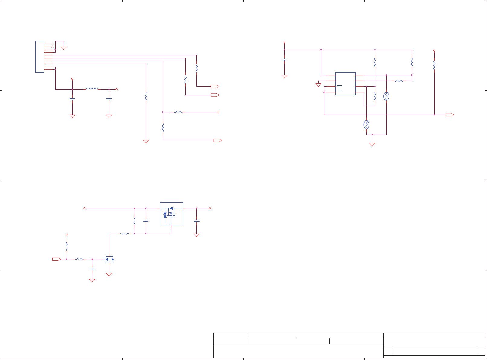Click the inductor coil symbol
click(92, 89)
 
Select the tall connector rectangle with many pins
click(40, 57)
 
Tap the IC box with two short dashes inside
click(345, 84)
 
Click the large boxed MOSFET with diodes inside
click(171, 214)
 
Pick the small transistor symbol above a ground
click(109, 259)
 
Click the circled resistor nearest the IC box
click(386, 97)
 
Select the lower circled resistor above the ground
click(366, 125)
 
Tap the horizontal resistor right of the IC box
click(399, 81)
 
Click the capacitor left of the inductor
click(72, 99)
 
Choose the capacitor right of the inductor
click(109, 99)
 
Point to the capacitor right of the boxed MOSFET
click(196, 221)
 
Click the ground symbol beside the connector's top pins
click(64, 48)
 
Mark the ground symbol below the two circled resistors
click(372, 144)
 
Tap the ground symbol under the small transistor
click(109, 275)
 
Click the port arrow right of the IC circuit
click(450, 115)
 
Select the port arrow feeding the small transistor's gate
click(57, 259)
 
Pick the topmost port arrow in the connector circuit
click(215, 87)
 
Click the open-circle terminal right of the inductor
click(117, 89)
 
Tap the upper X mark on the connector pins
click(52, 44)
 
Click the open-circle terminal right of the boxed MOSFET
click(210, 208)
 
